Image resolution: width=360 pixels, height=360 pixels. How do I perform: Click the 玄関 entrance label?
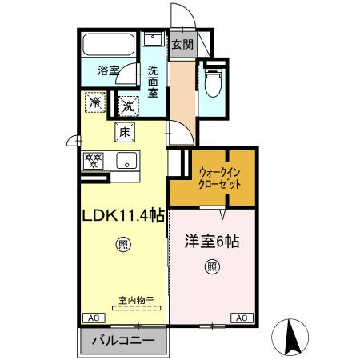pyautogui.click(x=181, y=45)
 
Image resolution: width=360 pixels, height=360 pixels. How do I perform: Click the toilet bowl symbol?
pyautogui.click(x=214, y=83)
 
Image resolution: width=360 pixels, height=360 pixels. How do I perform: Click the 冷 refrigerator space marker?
pyautogui.click(x=94, y=102)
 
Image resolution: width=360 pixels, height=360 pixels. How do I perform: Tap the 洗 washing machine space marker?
pyautogui.click(x=128, y=104)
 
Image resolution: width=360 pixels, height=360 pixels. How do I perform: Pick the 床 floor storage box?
pyautogui.click(x=125, y=133)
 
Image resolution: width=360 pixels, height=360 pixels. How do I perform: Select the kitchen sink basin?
pyautogui.click(x=126, y=160)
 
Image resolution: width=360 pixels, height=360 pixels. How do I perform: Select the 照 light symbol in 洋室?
pyautogui.click(x=212, y=266)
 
